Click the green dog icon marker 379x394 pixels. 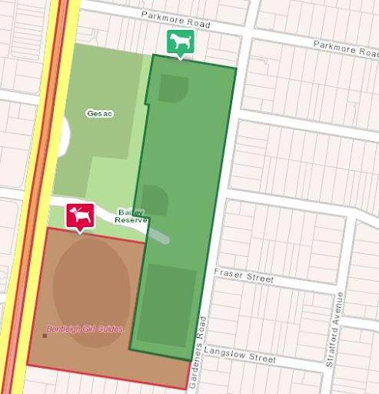coord(180,42)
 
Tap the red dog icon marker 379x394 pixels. coord(80,215)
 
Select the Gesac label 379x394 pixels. coord(100,114)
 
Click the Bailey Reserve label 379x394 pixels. coord(130,216)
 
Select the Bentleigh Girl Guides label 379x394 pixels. coord(85,329)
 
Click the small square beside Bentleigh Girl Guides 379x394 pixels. coord(45,336)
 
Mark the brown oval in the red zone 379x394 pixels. coord(91,281)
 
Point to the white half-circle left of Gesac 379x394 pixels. coord(64,135)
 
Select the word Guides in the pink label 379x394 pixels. coord(108,329)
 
